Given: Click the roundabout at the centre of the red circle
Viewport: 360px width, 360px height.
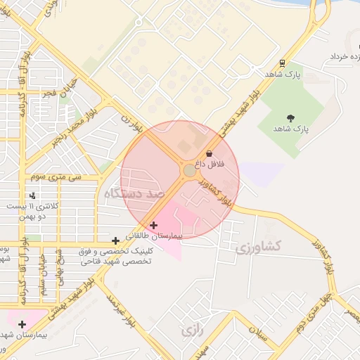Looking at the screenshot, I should point(190,171).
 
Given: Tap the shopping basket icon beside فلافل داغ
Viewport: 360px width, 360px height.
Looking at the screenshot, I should point(209,153).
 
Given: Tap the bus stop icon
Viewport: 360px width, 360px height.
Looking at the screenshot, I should point(282,63).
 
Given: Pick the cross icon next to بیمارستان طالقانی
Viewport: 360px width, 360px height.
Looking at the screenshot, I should point(154,225).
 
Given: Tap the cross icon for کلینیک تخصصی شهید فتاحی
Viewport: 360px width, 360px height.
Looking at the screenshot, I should point(115,240).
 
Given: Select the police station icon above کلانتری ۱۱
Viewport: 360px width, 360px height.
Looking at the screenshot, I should point(32,195).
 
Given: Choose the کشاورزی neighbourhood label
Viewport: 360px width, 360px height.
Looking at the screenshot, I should point(258,246).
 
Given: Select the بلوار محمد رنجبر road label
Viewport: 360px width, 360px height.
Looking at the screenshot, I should point(75,127).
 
